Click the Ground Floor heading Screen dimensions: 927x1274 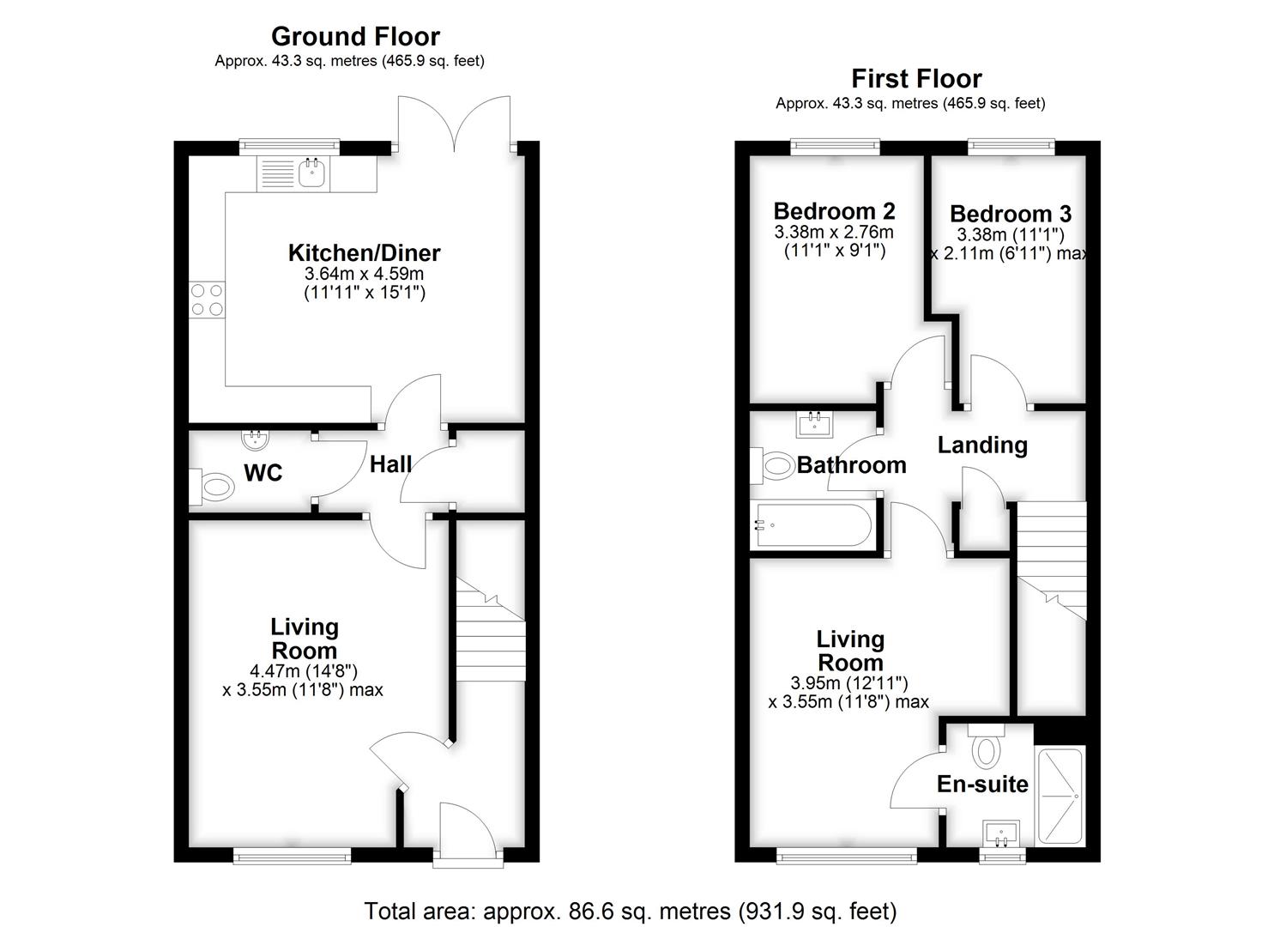click(x=355, y=36)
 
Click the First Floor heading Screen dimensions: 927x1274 click(x=915, y=78)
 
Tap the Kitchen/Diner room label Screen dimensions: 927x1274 click(x=364, y=253)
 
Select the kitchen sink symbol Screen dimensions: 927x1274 click(x=312, y=175)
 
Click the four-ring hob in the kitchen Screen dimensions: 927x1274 click(x=207, y=300)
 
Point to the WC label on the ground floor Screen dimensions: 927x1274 click(x=263, y=473)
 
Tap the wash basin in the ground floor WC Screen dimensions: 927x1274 click(x=255, y=440)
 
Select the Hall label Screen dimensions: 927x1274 click(x=390, y=464)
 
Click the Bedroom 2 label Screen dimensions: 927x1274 click(x=834, y=211)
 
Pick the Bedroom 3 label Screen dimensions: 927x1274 click(x=1010, y=214)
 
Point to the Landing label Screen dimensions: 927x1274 click(x=981, y=445)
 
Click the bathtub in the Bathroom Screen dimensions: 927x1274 click(x=812, y=525)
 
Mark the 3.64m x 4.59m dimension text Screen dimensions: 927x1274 click(x=364, y=274)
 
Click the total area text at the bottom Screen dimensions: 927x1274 click(x=631, y=910)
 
